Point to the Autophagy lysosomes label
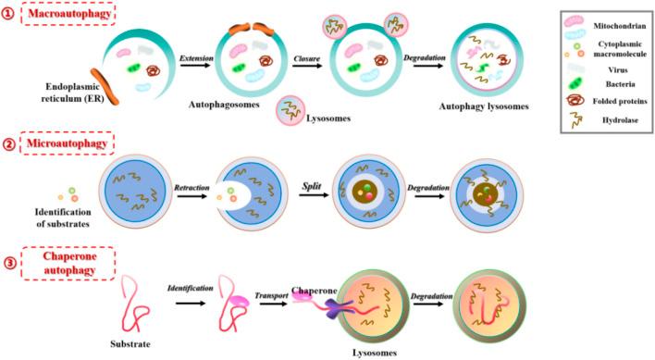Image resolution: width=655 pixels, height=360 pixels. [x=485, y=107]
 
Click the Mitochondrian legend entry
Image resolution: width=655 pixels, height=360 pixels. [x=605, y=29]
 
